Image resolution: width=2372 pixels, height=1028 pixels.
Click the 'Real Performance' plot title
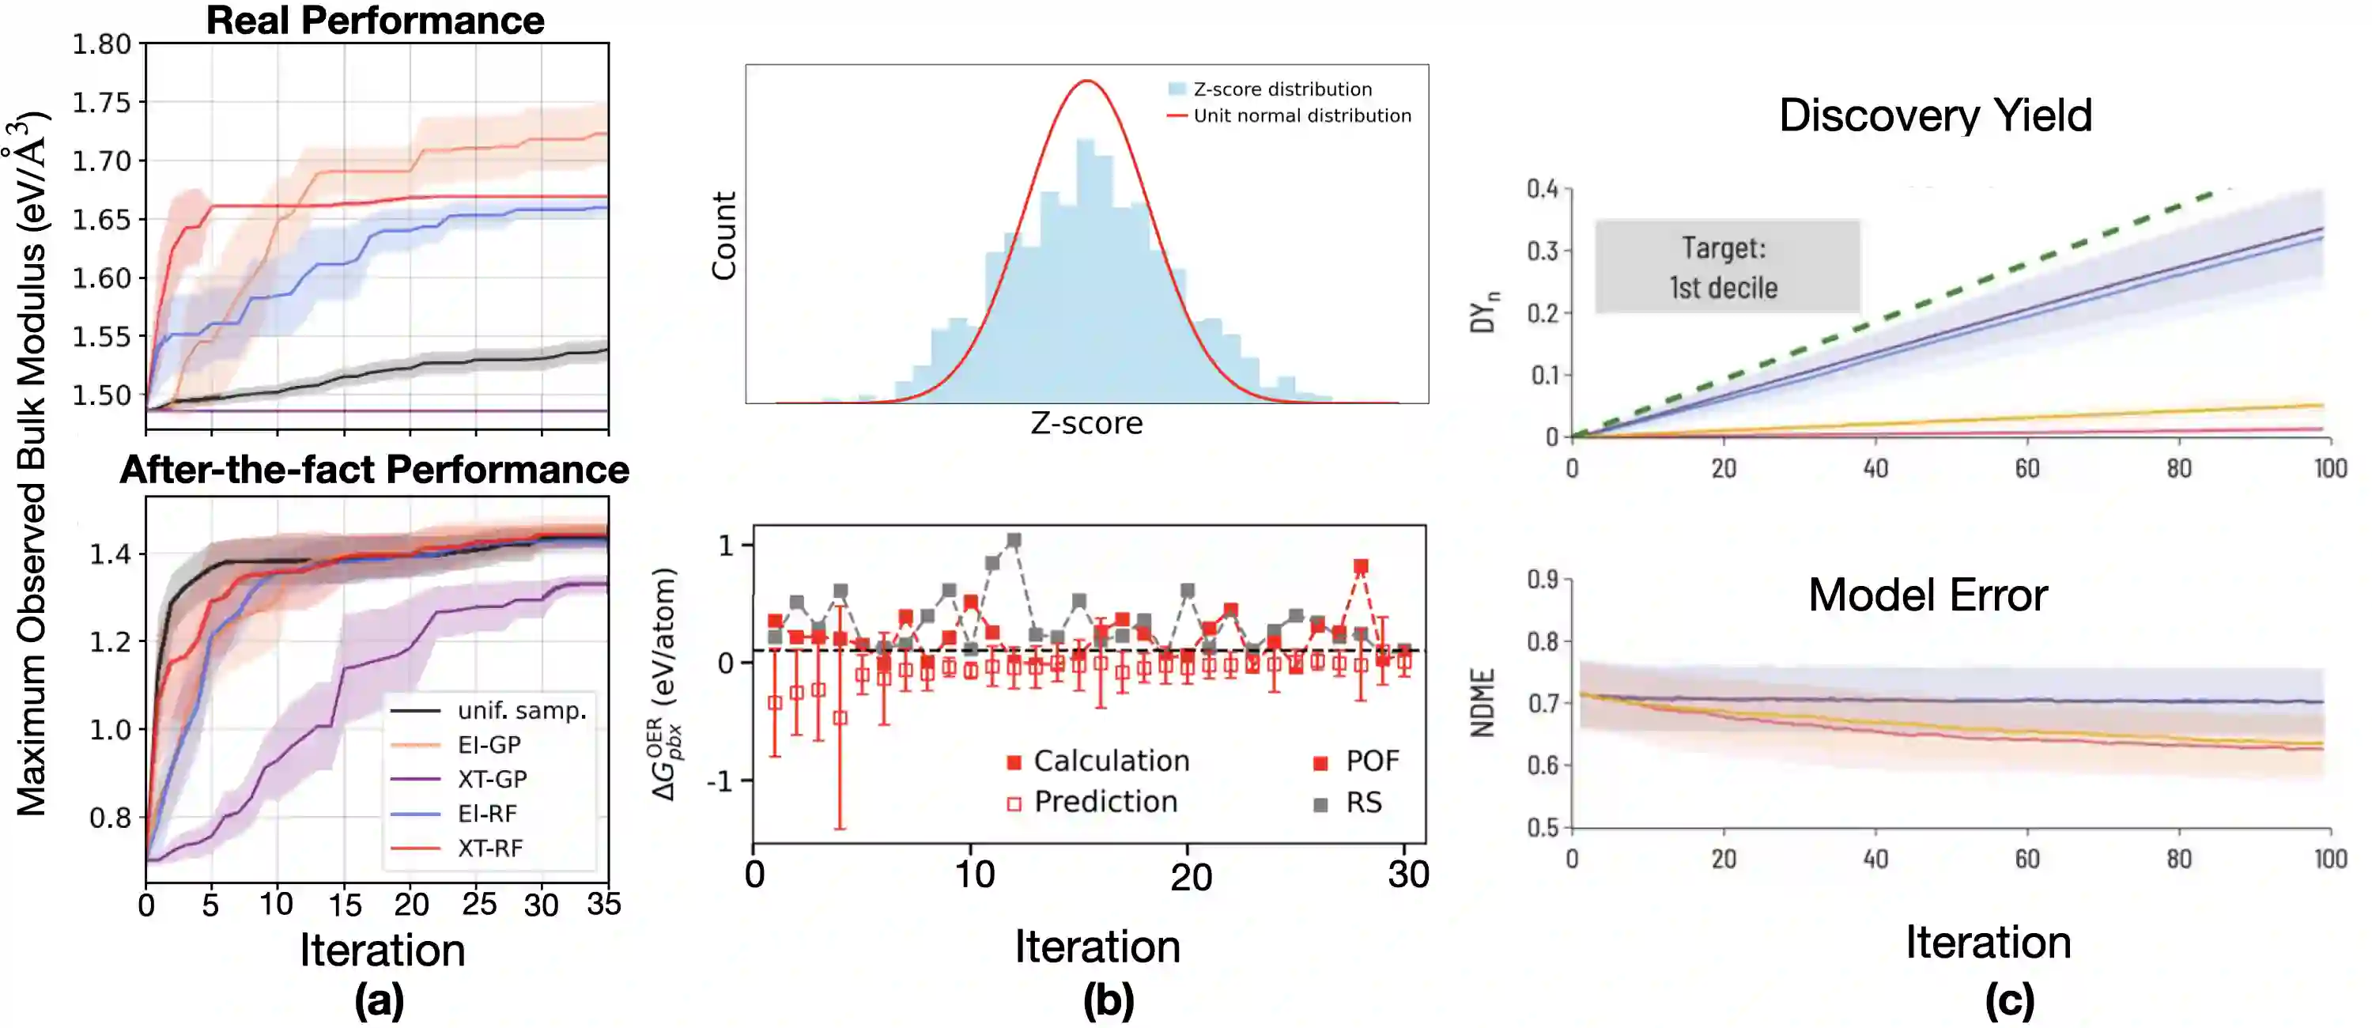pos(375,21)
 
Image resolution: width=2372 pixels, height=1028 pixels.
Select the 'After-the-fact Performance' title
pos(375,470)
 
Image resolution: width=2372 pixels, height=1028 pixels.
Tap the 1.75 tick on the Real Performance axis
pos(102,102)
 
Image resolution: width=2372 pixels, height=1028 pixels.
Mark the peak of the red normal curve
pos(1087,81)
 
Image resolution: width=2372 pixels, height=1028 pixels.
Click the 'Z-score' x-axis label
pos(1086,423)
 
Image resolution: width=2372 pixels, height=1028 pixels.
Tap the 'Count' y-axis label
pos(723,235)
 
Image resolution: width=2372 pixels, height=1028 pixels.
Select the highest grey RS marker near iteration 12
pos(1014,541)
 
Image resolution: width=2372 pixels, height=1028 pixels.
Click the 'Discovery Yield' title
pos(1936,115)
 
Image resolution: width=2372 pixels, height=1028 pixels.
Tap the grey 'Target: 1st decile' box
pos(1727,267)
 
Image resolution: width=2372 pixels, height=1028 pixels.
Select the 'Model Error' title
pos(1928,595)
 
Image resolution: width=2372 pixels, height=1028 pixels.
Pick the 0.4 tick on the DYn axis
pos(1543,189)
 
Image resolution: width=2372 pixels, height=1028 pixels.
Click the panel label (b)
pos(1109,1000)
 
